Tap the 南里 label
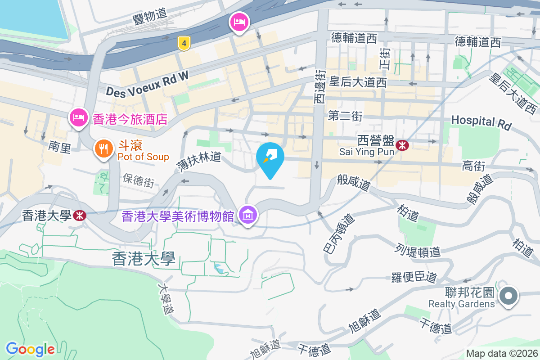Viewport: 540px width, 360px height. tap(60, 147)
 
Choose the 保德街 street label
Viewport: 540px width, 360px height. tap(139, 180)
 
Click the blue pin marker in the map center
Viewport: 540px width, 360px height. tap(270, 158)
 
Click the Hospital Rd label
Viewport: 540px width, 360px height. tap(481, 122)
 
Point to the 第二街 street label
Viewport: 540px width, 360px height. tap(345, 116)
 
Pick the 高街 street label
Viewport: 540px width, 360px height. tap(473, 166)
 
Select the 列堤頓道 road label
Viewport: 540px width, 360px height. tap(417, 251)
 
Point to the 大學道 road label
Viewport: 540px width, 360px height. tap(166, 298)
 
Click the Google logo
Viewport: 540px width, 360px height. tap(31, 349)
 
